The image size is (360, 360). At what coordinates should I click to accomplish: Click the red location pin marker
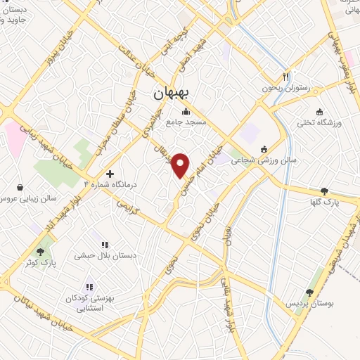point(181,165)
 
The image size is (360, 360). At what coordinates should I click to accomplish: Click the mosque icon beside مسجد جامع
point(186,111)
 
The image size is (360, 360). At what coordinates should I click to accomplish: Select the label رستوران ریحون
point(285,88)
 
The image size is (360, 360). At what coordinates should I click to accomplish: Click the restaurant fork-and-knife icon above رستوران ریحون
point(285,76)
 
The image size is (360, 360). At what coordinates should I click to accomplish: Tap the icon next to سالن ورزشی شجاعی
point(264,148)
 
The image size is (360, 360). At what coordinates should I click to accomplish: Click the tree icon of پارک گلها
point(324,191)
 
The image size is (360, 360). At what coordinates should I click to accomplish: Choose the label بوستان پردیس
point(309,303)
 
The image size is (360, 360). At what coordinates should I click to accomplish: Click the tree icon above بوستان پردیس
point(309,292)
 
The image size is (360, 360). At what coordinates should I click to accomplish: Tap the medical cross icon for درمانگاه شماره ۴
point(110,173)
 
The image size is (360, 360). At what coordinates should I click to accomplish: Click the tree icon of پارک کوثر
point(41,250)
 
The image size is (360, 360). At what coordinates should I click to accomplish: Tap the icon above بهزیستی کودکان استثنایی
point(89,287)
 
